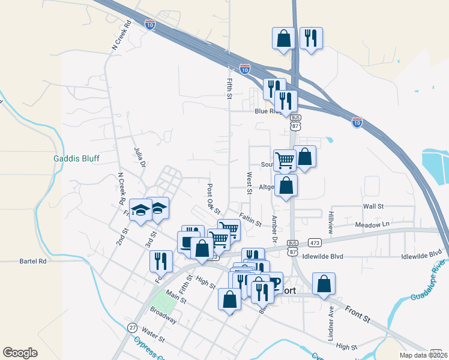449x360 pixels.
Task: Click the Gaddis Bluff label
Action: tap(76, 159)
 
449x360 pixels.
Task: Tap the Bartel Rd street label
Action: tap(33, 261)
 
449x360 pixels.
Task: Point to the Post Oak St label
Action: tap(214, 199)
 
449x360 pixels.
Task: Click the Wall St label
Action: tap(373, 206)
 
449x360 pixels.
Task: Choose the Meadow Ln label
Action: tap(372, 224)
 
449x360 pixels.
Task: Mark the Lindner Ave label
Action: tap(331, 324)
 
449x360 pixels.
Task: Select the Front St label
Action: tap(357, 314)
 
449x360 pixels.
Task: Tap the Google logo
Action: tap(20, 353)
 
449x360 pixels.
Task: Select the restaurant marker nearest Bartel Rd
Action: tap(161, 260)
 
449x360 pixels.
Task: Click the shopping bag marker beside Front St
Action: tap(324, 283)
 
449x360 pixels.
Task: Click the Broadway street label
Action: tap(164, 316)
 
